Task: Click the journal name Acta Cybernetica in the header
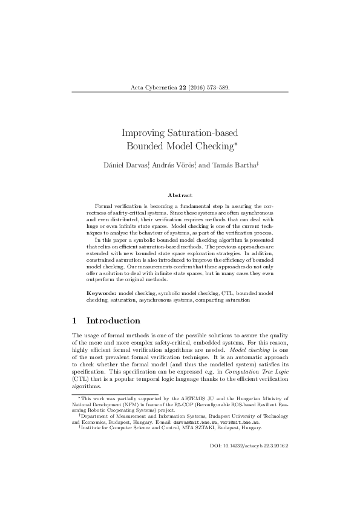point(150,88)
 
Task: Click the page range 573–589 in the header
point(216,88)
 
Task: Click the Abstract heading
point(180,195)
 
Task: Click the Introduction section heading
point(114,320)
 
